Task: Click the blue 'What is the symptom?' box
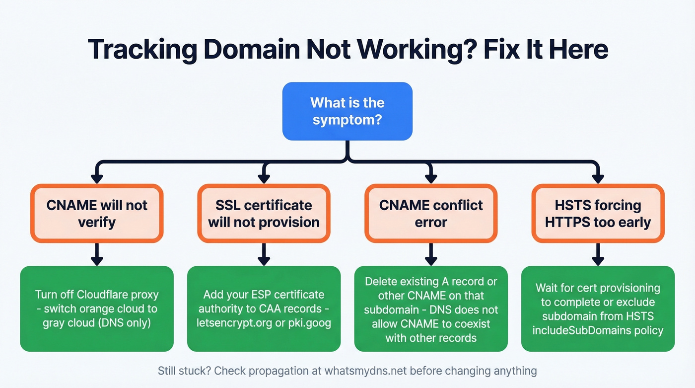[347, 111]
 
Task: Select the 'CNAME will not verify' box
[97, 213]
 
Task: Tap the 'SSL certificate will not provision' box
[264, 213]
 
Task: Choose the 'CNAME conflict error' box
[431, 213]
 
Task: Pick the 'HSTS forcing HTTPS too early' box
[598, 213]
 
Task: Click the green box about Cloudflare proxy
[97, 309]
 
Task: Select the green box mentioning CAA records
[264, 309]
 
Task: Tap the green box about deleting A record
[431, 309]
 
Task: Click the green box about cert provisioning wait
[598, 309]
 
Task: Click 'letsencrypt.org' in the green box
[236, 322]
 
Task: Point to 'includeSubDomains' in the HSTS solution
[575, 330]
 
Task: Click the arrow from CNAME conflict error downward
[431, 254]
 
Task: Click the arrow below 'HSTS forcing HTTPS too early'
[598, 254]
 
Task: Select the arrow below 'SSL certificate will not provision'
[264, 254]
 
